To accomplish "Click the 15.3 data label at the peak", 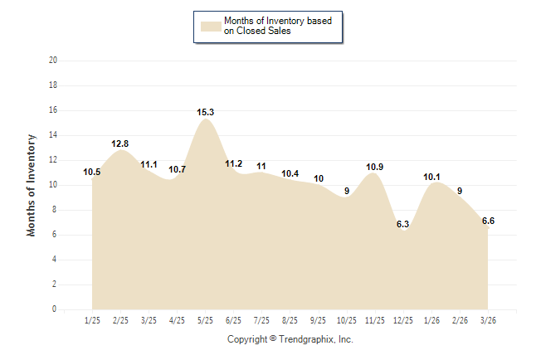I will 206,112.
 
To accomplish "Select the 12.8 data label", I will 120,144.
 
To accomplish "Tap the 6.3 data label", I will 403,224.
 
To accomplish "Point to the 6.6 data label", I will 488,220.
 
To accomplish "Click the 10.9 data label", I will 374,167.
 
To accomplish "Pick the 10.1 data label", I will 431,177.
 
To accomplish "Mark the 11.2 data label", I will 234,163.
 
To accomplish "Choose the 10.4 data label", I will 290,173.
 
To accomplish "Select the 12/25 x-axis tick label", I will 403,319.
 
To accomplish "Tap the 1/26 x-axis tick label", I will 431,319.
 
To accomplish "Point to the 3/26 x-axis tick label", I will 488,319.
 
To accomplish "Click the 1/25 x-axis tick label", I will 93,319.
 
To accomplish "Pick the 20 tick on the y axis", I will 53,61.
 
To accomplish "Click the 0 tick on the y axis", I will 55,309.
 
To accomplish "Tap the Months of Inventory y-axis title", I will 32,185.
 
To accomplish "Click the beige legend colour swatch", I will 210,26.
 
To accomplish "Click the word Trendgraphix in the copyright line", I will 306,339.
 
